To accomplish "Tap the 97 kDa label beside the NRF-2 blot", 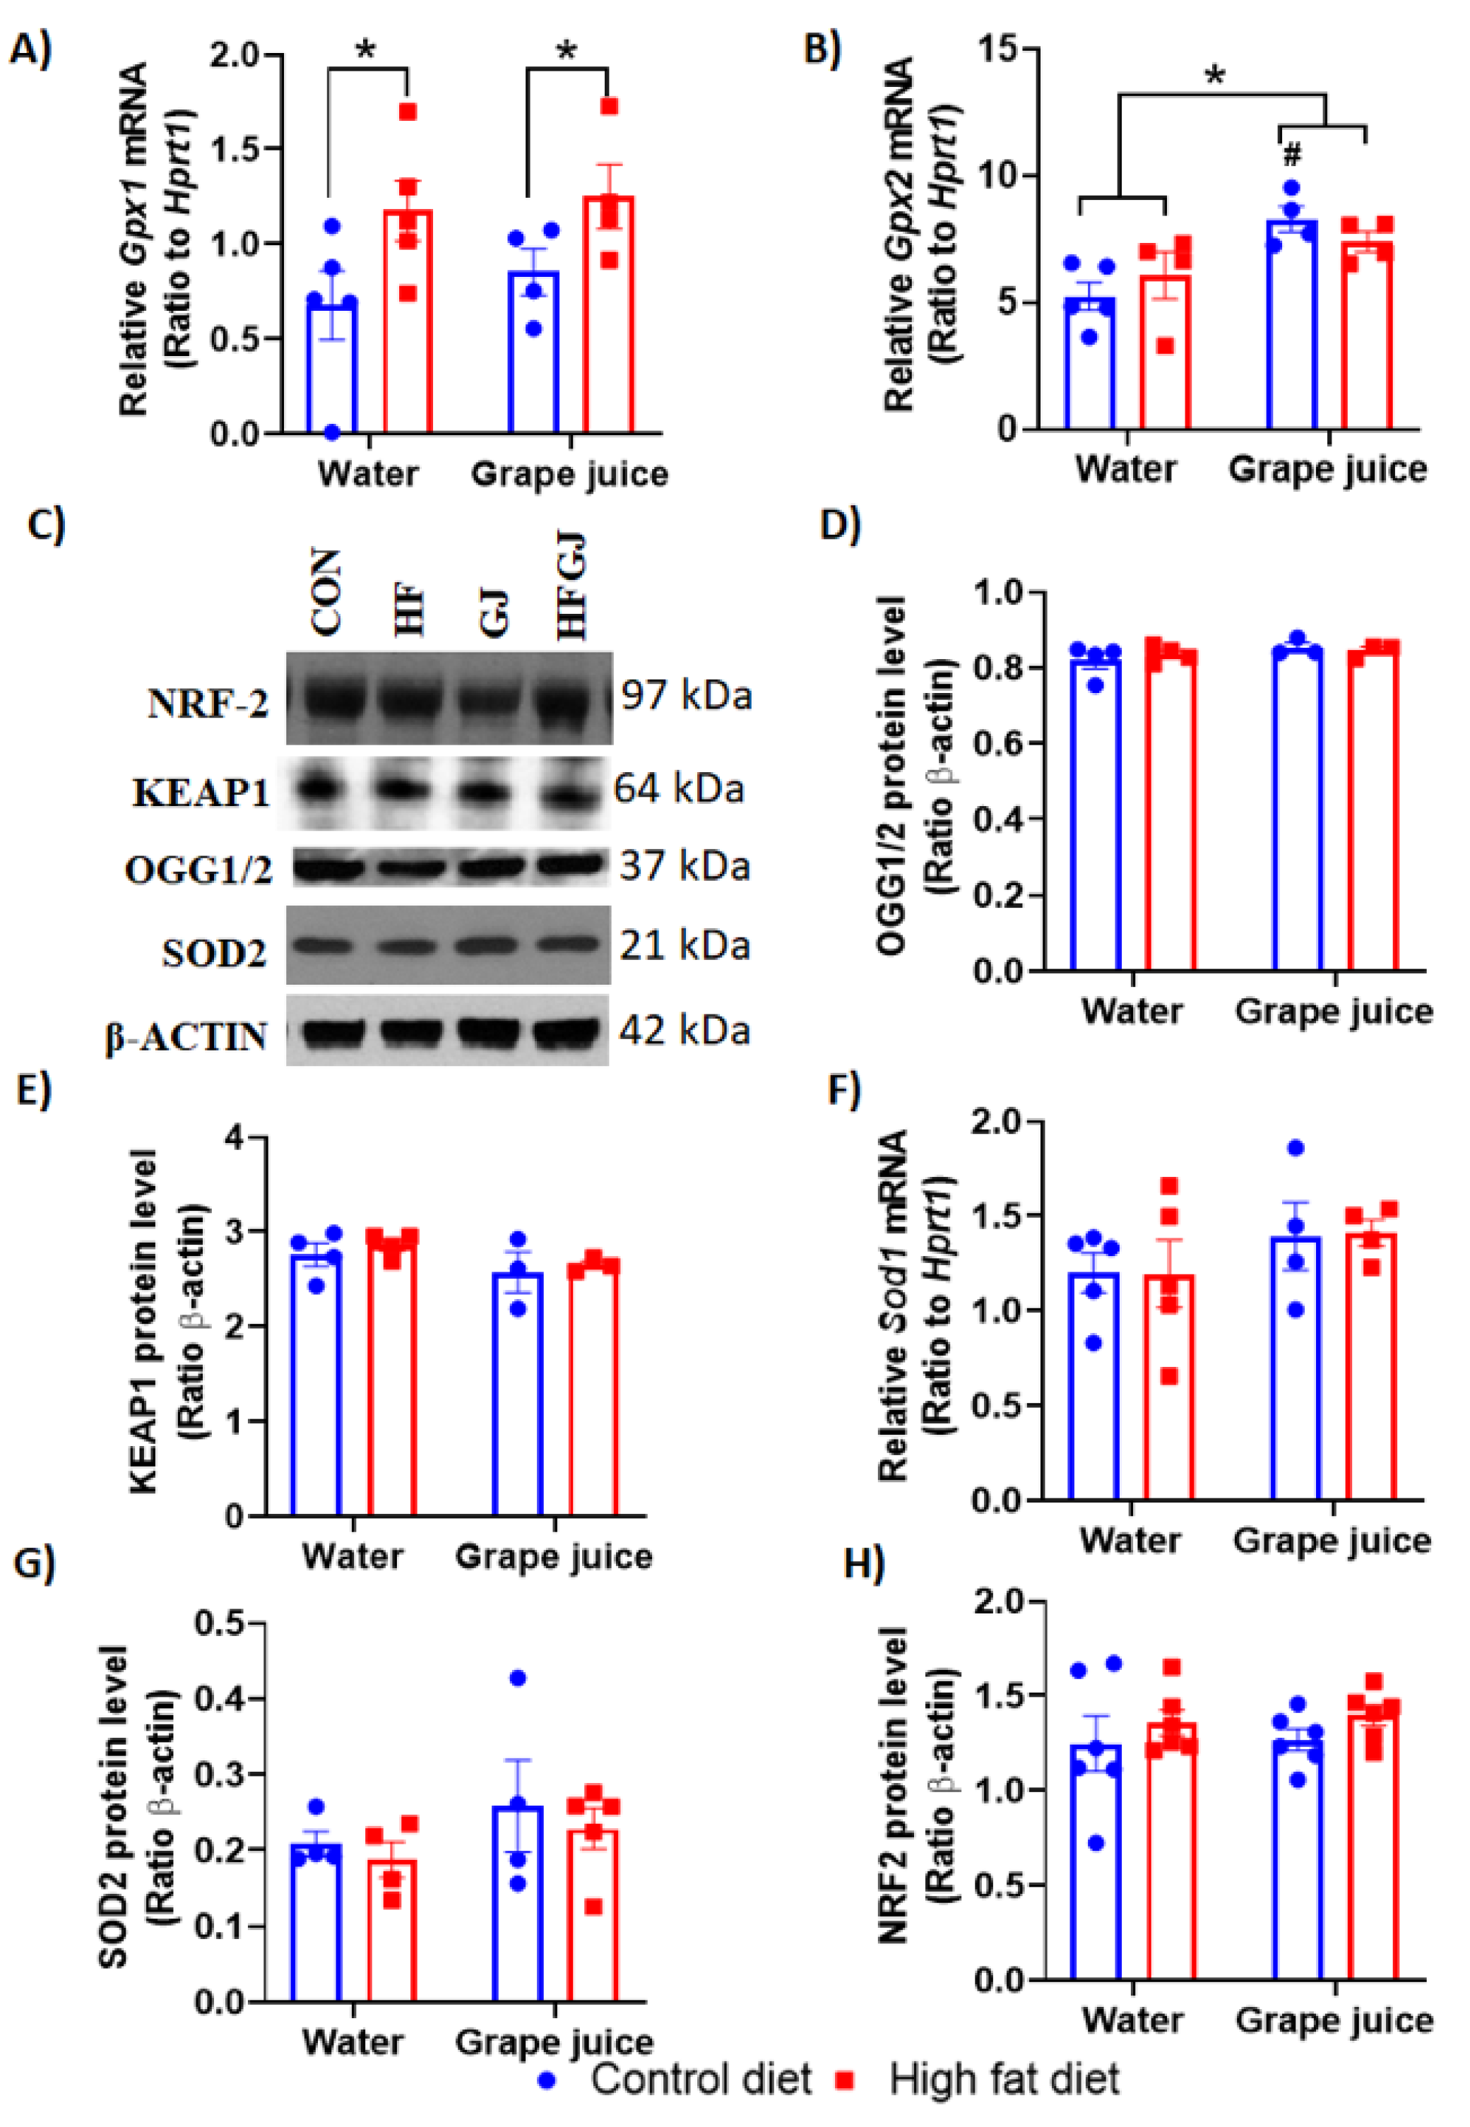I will point(686,696).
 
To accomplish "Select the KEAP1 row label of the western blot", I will point(201,792).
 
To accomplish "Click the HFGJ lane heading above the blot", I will point(572,590).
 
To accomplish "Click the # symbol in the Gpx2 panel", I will point(1292,154).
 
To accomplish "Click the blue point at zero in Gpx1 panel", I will point(331,431).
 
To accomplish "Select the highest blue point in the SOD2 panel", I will point(518,1678).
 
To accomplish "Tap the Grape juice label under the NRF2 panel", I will point(1334,2019).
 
